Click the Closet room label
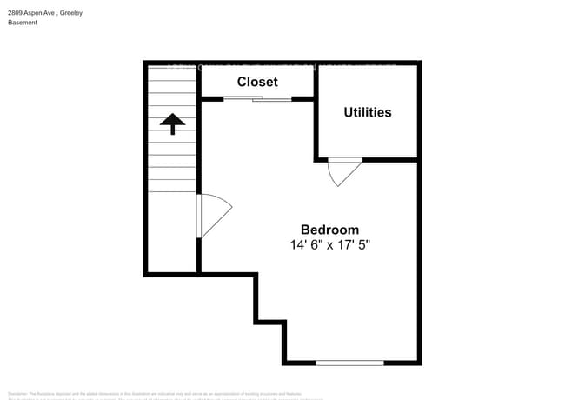point(257,82)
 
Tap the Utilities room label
point(367,112)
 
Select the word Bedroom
point(329,230)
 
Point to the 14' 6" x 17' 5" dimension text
point(336,245)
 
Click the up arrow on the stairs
point(173,124)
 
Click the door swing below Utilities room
point(344,171)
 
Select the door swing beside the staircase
point(214,215)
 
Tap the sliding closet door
point(258,99)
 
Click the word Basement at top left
point(23,23)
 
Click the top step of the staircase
point(173,74)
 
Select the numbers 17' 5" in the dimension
point(364,245)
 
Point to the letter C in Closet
point(243,82)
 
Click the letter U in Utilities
point(348,112)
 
